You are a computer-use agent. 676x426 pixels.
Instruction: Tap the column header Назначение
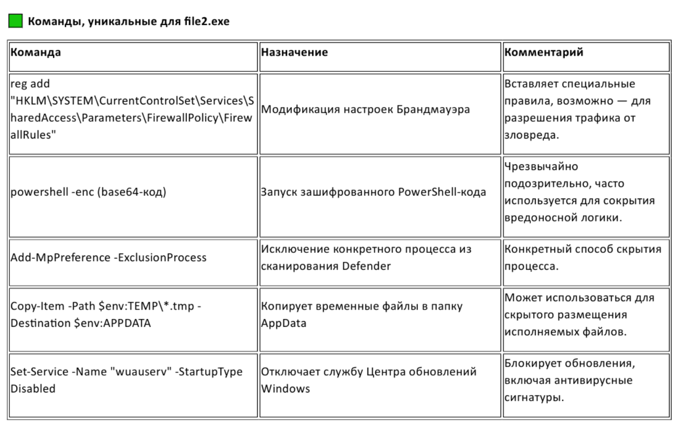(x=294, y=52)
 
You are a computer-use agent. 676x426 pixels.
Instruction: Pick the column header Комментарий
(x=543, y=52)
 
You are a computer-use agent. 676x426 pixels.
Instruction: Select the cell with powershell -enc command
(x=89, y=191)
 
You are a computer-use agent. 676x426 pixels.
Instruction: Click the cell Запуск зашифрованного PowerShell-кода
(x=373, y=191)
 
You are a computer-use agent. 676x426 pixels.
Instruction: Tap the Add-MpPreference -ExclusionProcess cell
(x=109, y=258)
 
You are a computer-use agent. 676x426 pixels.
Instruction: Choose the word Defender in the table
(x=367, y=265)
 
